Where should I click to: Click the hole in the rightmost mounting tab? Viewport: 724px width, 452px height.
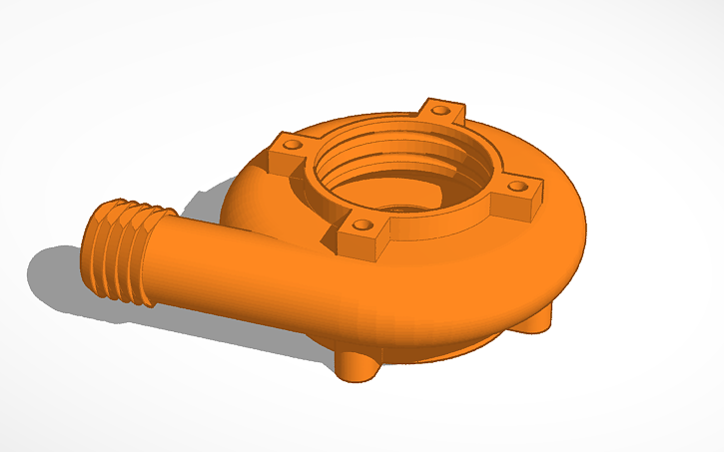point(518,186)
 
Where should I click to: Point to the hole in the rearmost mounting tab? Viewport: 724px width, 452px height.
point(439,107)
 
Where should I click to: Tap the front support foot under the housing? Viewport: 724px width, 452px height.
point(355,366)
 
